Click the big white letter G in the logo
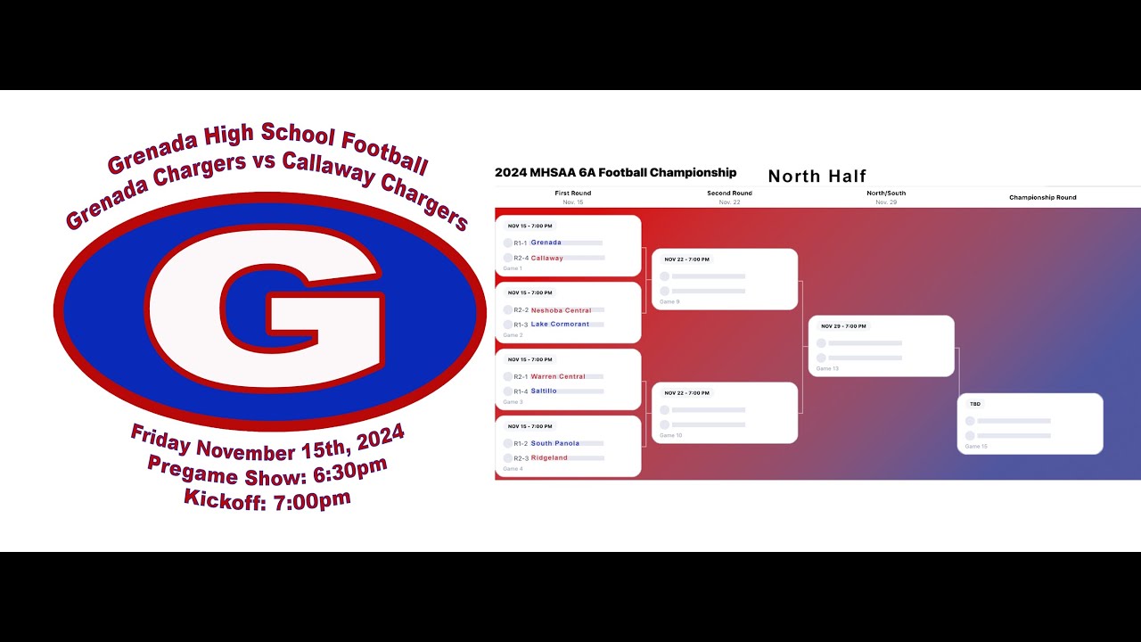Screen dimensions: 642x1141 [x=267, y=308]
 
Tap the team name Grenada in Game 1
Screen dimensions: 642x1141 [x=546, y=243]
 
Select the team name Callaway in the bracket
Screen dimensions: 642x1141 [x=546, y=258]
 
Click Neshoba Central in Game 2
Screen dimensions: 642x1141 [x=561, y=310]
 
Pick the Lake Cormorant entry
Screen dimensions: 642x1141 [x=560, y=325]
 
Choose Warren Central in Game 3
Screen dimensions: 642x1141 [x=558, y=376]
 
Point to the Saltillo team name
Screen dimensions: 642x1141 [x=544, y=391]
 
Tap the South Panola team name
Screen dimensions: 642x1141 [x=554, y=443]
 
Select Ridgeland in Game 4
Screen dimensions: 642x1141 [x=549, y=457]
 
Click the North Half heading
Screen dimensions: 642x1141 [x=817, y=177]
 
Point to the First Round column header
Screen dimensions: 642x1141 [x=572, y=193]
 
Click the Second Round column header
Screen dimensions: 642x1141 [x=729, y=193]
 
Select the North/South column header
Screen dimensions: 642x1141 [x=886, y=193]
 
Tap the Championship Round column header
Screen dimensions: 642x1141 [x=1042, y=197]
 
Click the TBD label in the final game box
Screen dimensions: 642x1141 [x=975, y=404]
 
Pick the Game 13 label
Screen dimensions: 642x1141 [x=827, y=368]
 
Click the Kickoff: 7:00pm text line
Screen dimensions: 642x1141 [x=267, y=499]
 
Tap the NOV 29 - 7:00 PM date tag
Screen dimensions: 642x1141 [x=843, y=326]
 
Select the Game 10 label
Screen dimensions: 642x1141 [x=670, y=435]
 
